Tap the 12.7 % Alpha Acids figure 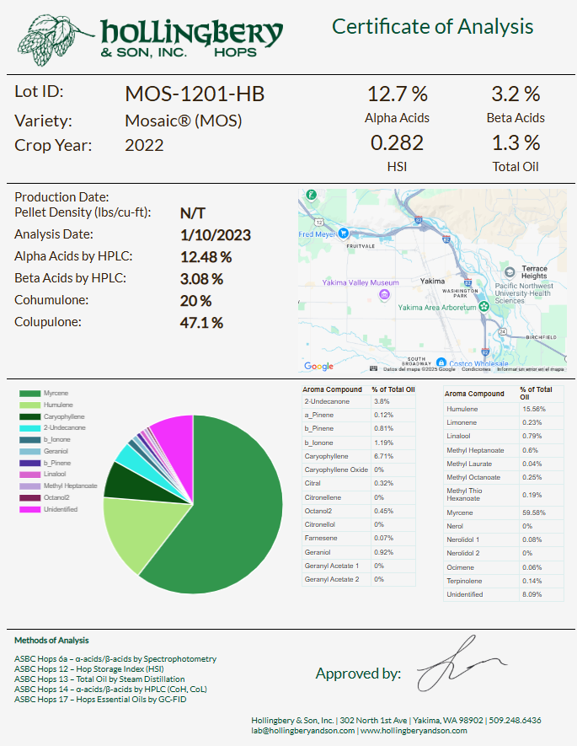pyautogui.click(x=397, y=94)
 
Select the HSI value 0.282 pyautogui.click(x=397, y=142)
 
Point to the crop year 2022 pyautogui.click(x=144, y=145)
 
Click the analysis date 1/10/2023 pyautogui.click(x=216, y=235)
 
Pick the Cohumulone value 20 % pyautogui.click(x=195, y=301)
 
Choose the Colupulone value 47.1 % pyautogui.click(x=201, y=323)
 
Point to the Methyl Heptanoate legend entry pyautogui.click(x=71, y=486)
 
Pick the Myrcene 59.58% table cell pyautogui.click(x=534, y=513)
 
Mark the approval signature pyautogui.click(x=459, y=673)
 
